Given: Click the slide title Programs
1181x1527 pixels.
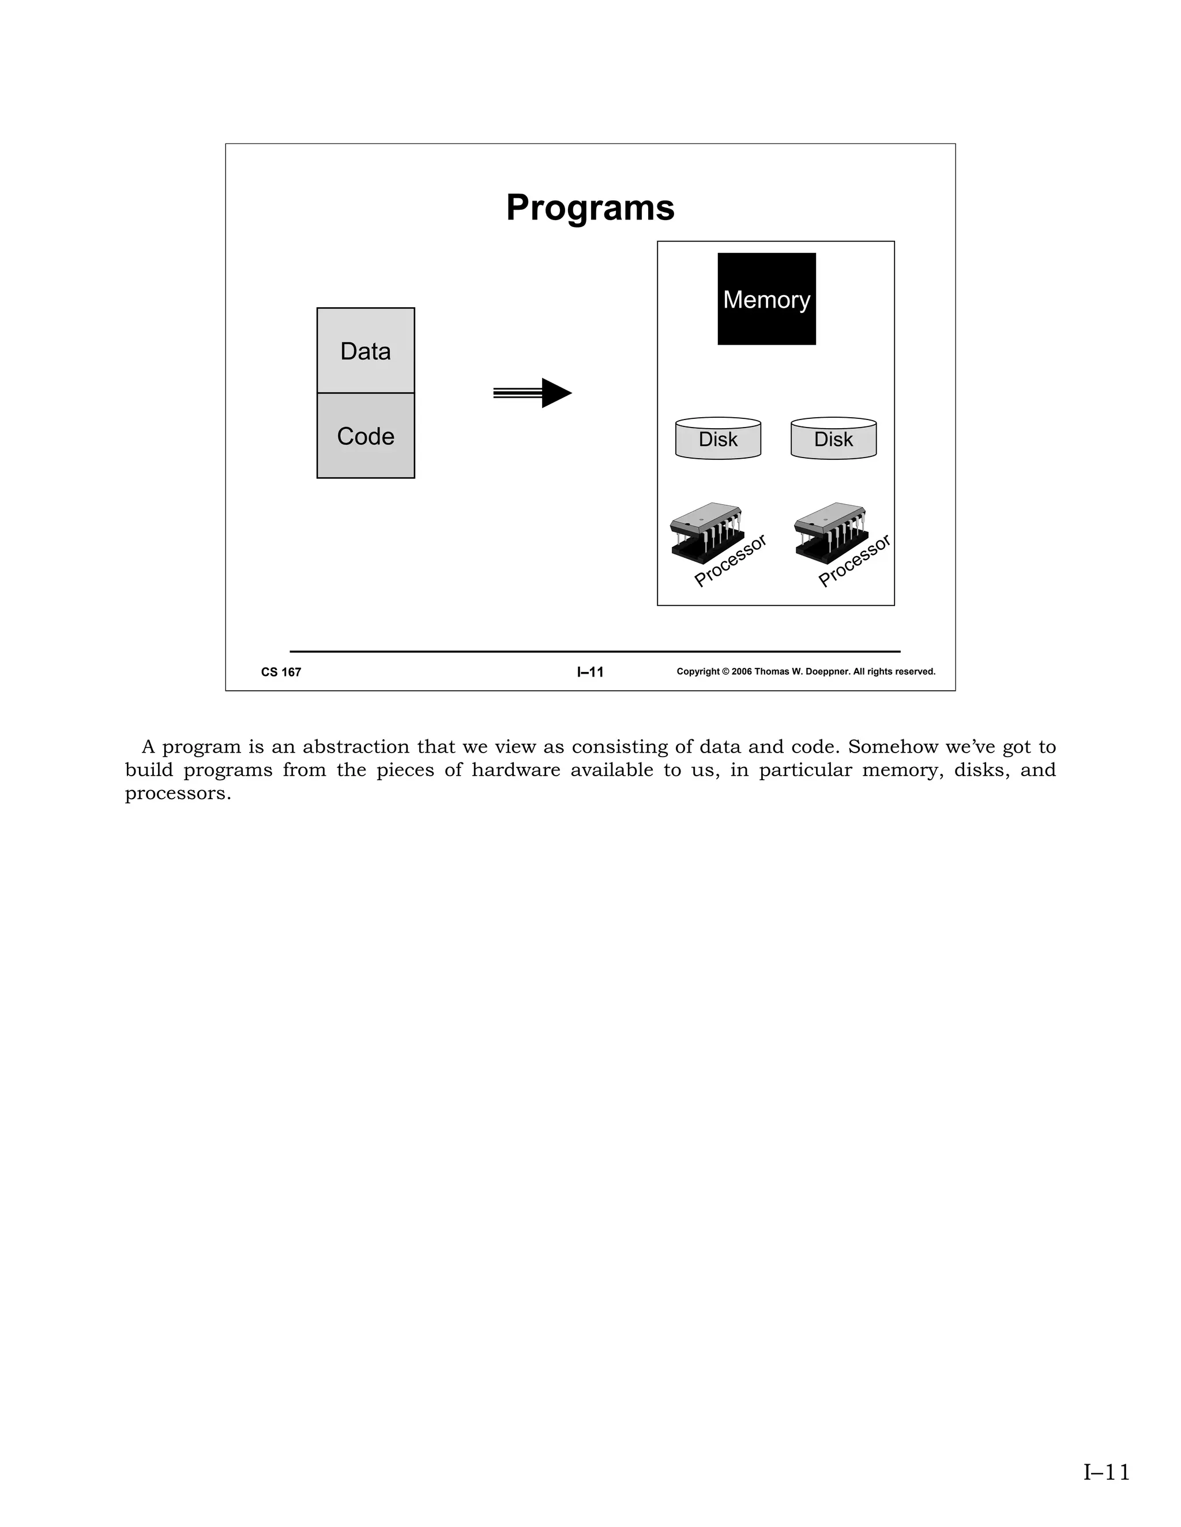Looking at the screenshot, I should (590, 207).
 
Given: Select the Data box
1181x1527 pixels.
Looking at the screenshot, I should (365, 350).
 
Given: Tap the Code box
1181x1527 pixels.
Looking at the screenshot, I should (365, 436).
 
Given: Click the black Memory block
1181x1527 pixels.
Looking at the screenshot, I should (766, 299).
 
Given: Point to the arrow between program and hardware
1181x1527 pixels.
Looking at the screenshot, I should (533, 393).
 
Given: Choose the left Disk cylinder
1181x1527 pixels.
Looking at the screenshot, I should (718, 439).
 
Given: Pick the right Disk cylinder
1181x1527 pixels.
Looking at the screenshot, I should (833, 439).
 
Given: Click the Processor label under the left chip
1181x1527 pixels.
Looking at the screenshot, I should (731, 561).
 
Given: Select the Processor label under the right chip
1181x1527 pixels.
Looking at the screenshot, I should (854, 561).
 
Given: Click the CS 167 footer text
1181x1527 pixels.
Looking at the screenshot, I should (281, 672).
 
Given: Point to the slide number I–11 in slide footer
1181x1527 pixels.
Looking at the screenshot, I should (590, 672).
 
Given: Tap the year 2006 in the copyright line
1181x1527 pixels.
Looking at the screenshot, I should (742, 672).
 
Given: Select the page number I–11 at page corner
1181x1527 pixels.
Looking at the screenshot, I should (1106, 1472).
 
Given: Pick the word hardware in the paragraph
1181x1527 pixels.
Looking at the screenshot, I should (516, 770).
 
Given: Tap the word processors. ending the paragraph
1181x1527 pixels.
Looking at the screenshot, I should (178, 794).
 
